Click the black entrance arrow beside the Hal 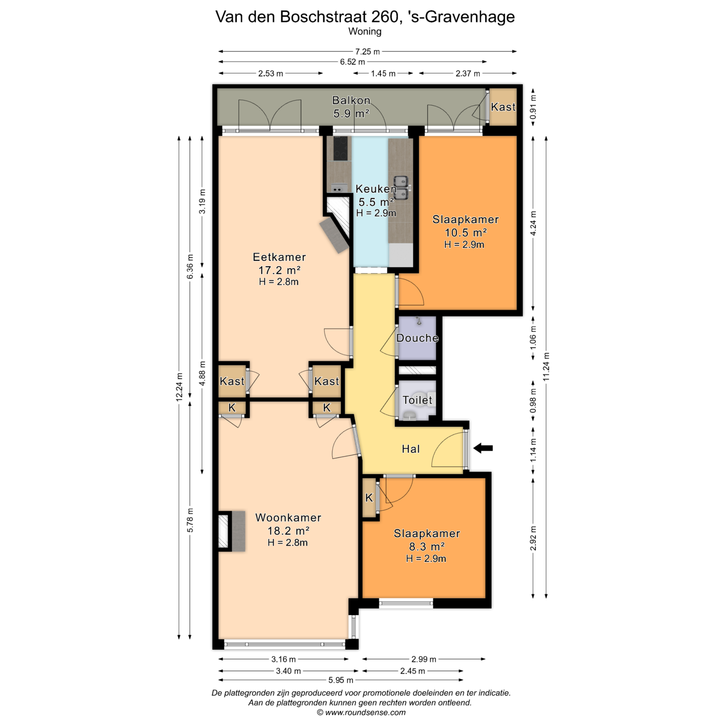pos(483,448)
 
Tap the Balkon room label pos(351,100)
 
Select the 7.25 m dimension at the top pos(367,51)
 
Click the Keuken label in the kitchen pos(376,189)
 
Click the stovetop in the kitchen pos(341,148)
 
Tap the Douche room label pos(418,338)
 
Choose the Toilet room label pos(417,400)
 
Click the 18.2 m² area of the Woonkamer pos(288,531)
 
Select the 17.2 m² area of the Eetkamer pos(279,270)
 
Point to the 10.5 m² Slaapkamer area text pos(466,233)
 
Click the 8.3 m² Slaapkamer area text pos(427,546)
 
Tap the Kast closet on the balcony pos(503,107)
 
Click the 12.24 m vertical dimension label pos(179,387)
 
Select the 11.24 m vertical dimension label pos(546,367)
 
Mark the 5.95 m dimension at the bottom pos(341,680)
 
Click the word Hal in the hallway pos(411,449)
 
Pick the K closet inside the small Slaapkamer pos(369,498)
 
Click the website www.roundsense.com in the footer pos(366,713)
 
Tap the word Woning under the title pos(365,31)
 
